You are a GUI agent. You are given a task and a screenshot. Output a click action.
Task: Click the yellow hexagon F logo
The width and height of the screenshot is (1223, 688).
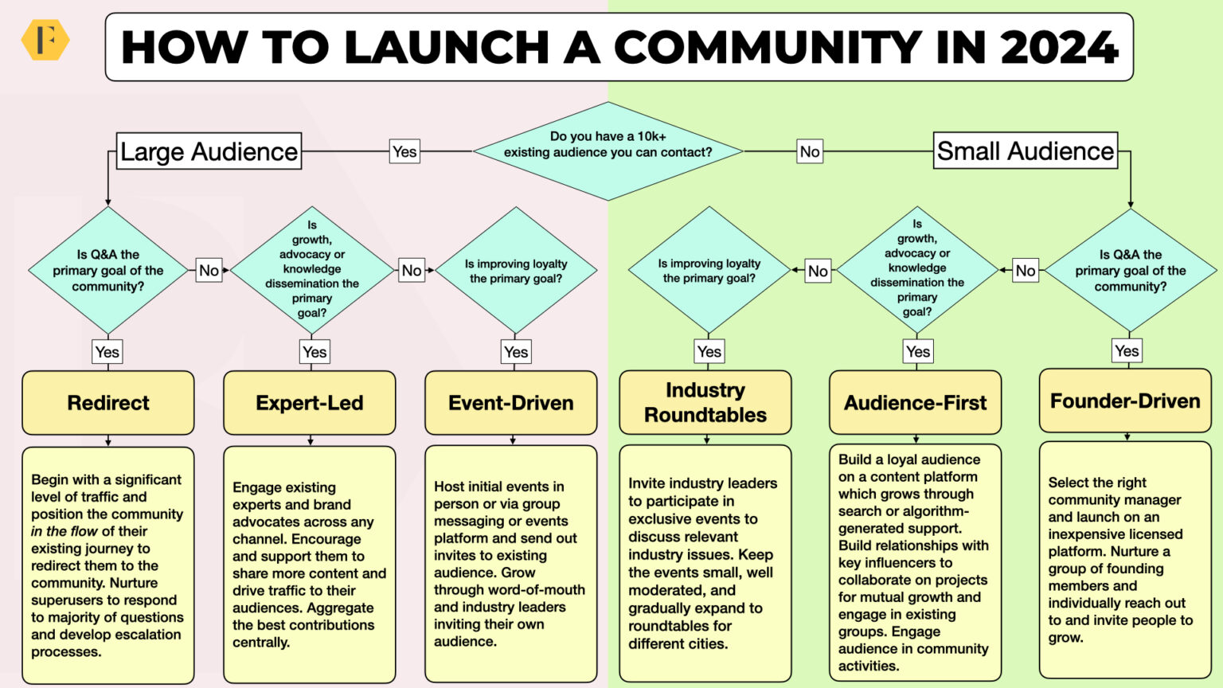(45, 41)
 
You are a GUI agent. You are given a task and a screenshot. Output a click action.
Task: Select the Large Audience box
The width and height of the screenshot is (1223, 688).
(209, 151)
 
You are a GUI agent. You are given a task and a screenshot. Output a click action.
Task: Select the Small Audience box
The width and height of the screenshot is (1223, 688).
(1025, 150)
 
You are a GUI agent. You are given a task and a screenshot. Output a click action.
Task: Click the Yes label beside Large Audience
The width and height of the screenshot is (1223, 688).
(404, 151)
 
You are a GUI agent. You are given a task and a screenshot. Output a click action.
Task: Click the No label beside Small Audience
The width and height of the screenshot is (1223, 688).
(810, 151)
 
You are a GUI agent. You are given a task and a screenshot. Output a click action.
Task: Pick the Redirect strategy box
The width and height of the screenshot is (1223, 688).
(108, 403)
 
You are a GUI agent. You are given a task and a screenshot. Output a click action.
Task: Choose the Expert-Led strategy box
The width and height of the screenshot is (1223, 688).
(310, 403)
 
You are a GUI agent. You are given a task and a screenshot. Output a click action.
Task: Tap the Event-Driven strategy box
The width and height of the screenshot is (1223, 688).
(511, 403)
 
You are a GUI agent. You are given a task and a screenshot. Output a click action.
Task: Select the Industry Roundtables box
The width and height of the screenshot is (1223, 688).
(705, 402)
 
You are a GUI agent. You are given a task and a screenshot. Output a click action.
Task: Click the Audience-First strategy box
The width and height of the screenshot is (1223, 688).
(915, 403)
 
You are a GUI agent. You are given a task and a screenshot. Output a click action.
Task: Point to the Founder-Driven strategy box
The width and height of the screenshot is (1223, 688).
(1125, 401)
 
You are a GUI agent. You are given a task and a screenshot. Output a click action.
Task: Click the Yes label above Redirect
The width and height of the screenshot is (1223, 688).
(107, 352)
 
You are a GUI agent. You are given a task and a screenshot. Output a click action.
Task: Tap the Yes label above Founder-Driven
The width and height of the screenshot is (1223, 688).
(1126, 350)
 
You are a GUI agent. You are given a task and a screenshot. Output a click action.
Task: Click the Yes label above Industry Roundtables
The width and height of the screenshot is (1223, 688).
(709, 351)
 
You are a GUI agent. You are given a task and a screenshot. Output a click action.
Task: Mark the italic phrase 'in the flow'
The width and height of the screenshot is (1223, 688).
(64, 531)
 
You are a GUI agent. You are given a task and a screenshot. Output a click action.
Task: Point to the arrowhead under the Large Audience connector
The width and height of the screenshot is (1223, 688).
(108, 203)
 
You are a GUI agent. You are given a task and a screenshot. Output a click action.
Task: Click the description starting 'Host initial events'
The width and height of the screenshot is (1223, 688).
(510, 564)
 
